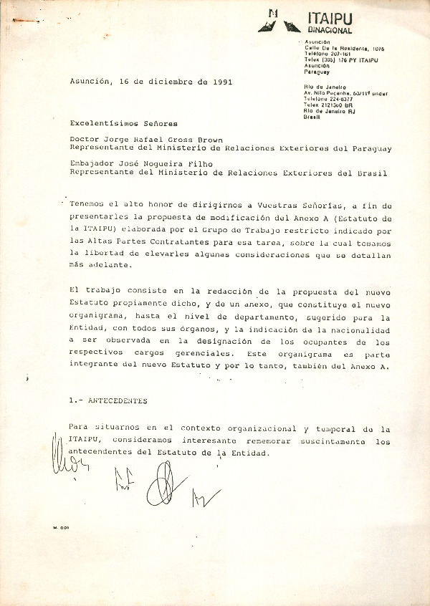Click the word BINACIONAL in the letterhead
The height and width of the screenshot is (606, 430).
pos(330,31)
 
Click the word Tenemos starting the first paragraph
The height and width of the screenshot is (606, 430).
pos(90,204)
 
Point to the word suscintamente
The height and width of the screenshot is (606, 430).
pos(332,441)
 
